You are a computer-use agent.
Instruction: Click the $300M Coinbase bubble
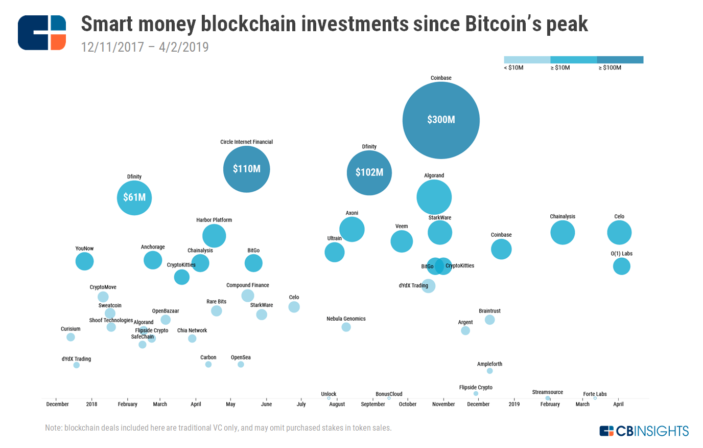coord(441,120)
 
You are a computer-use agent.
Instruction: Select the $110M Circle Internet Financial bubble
coord(246,169)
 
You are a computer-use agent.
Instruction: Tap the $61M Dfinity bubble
coord(134,197)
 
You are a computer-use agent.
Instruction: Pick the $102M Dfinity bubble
coord(369,173)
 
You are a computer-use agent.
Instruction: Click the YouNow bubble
coord(84,261)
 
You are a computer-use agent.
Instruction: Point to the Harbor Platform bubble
coord(214,236)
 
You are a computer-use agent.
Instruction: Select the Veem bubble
coord(402,241)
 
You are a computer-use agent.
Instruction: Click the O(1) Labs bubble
coord(621,266)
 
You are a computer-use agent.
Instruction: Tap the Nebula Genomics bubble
coord(346,327)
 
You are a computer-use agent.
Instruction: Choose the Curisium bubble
coord(71,337)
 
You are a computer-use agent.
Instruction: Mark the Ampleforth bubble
coord(489,371)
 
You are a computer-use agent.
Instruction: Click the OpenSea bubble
coord(241,365)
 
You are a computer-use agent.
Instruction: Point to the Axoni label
coord(352,213)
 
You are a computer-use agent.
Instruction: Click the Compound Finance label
coord(248,285)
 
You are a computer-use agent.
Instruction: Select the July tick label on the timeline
coord(301,404)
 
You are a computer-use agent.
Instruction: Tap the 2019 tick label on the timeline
coord(514,404)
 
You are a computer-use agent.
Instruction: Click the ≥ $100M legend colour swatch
coord(620,60)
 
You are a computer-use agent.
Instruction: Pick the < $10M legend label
coord(514,68)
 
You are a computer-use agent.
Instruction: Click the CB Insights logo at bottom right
coord(644,431)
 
